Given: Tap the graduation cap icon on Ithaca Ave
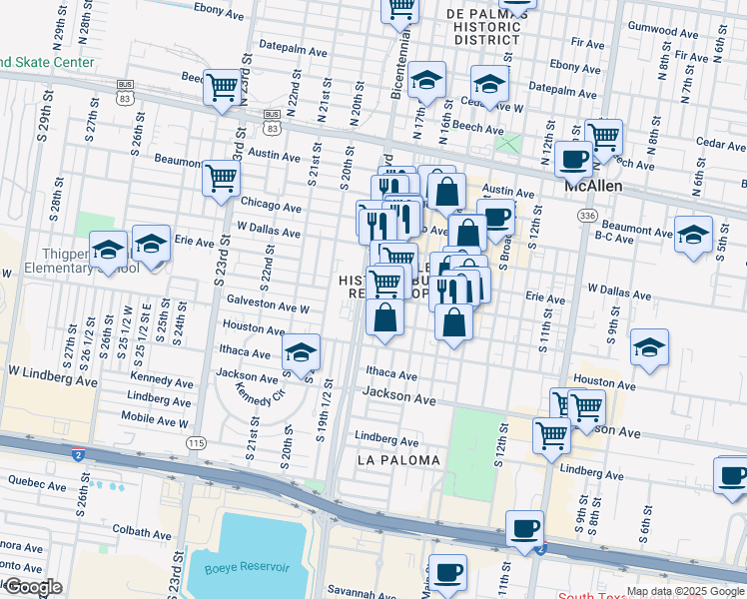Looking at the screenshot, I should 301,350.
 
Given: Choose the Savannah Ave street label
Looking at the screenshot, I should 380,594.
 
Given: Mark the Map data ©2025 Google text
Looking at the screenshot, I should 685,591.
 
